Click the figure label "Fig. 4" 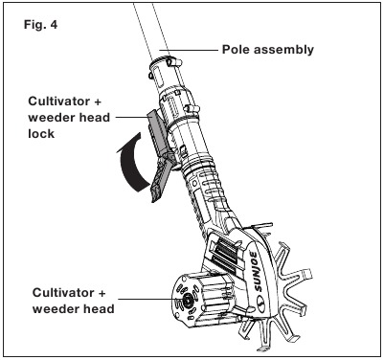coord(40,25)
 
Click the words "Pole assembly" coord(268,50)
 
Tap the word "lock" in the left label coord(41,133)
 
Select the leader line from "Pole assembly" coord(189,50)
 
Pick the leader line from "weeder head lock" coord(131,117)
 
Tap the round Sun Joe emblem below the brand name coord(260,300)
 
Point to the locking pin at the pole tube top coord(175,61)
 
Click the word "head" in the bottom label coord(100,308)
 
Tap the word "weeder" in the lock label coord(52,118)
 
